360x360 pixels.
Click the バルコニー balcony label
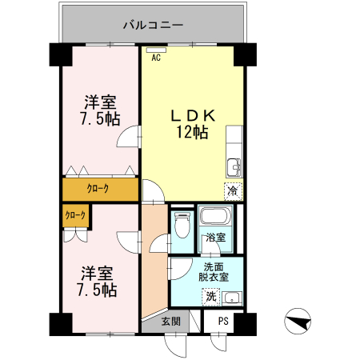pyautogui.click(x=154, y=25)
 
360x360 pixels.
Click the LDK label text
pyautogui.click(x=191, y=115)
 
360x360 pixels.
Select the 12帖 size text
pyautogui.click(x=192, y=132)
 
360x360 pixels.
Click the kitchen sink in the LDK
pyautogui.click(x=233, y=167)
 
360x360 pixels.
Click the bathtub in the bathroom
pyautogui.click(x=214, y=218)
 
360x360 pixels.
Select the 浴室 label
pyautogui.click(x=214, y=238)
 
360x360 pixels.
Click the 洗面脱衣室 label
pyautogui.click(x=213, y=272)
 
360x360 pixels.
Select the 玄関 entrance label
pyautogui.click(x=170, y=321)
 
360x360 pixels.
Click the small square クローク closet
pyautogui.click(x=75, y=215)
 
